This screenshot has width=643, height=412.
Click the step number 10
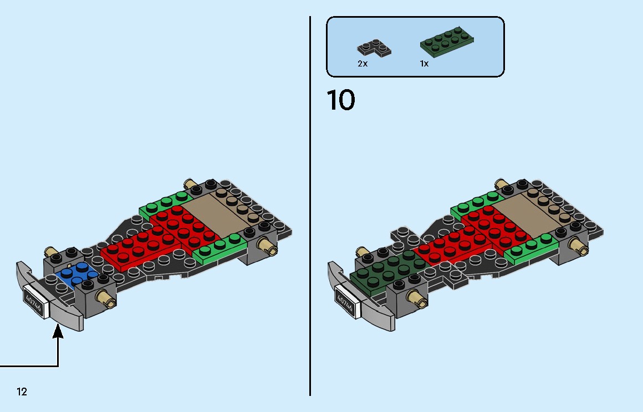pos(340,100)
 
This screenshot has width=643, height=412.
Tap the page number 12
pos(22,392)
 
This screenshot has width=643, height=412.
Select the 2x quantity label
pos(363,64)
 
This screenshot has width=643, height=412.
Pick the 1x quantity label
pos(424,64)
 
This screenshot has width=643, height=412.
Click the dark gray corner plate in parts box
pos(375,47)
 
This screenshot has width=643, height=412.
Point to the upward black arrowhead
pos(58,331)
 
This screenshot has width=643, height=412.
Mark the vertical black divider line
pos(310,205)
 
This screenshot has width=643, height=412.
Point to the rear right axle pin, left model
pos(267,245)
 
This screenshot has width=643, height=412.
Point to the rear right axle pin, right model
pos(577,245)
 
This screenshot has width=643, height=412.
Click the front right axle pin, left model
pos(106,298)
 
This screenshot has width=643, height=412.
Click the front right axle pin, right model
pos(417,298)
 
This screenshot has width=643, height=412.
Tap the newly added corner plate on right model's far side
pos(403,234)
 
